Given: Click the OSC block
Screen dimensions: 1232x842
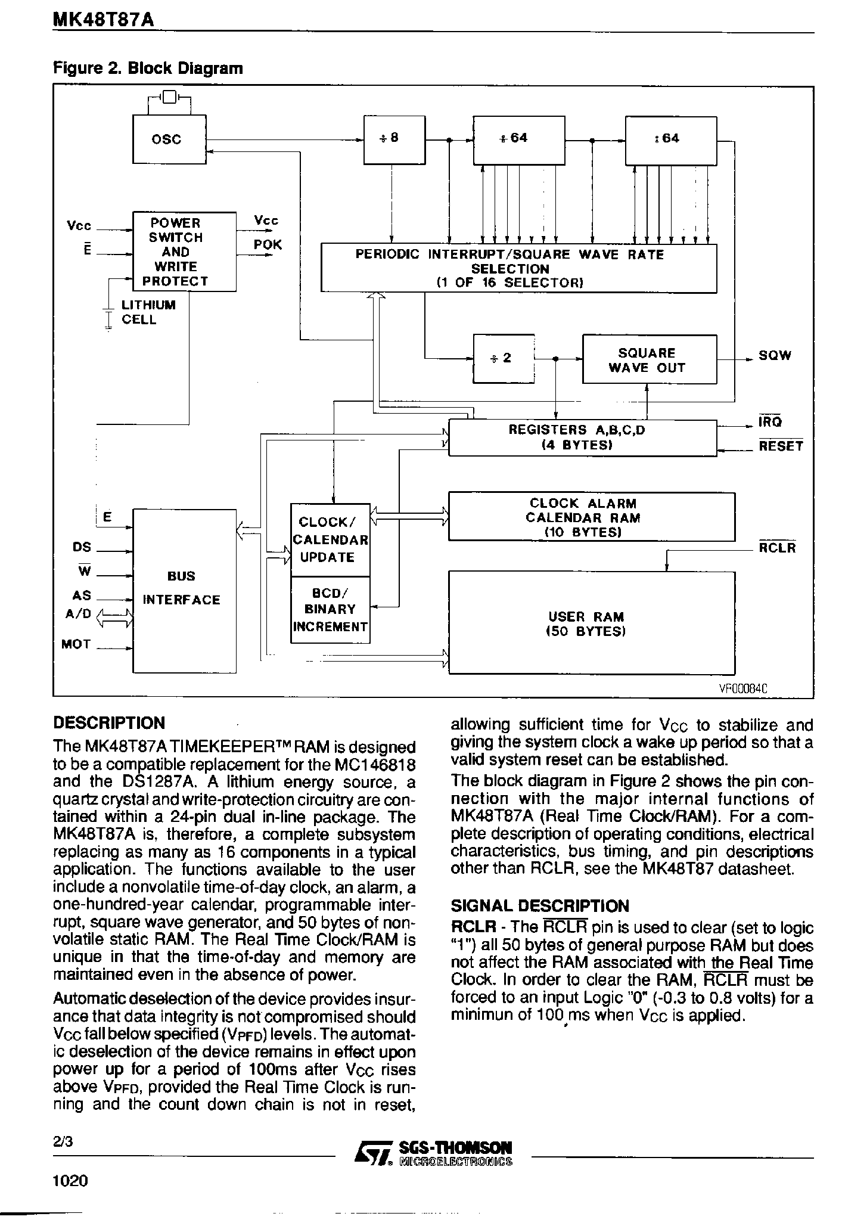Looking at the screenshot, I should click(169, 139).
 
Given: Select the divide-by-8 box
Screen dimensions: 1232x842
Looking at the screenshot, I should click(394, 139).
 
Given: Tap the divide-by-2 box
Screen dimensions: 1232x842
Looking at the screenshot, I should click(503, 358).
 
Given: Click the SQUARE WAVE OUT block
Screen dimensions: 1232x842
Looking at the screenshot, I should click(648, 360).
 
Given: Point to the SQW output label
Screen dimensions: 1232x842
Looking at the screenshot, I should click(774, 356).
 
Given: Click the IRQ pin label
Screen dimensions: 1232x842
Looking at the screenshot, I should click(770, 422).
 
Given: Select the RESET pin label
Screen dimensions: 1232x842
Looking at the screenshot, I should click(780, 446).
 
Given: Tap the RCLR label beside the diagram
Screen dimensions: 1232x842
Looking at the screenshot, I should click(777, 548).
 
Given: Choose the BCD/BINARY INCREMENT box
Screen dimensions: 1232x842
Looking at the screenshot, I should click(330, 610).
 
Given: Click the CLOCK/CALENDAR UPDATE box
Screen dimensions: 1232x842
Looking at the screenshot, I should click(330, 539).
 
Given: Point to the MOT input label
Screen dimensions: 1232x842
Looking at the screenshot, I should click(76, 644).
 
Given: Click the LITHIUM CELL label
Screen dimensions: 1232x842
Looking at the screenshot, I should click(148, 312).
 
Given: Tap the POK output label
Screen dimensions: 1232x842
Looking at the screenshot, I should click(267, 245).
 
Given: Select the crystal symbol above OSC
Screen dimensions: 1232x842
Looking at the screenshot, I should click(169, 96).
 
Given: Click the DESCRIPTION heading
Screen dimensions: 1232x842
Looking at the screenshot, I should click(108, 723).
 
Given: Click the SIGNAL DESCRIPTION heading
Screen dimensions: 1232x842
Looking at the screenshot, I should click(539, 906).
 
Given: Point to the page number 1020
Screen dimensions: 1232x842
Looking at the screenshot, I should click(70, 1197).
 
